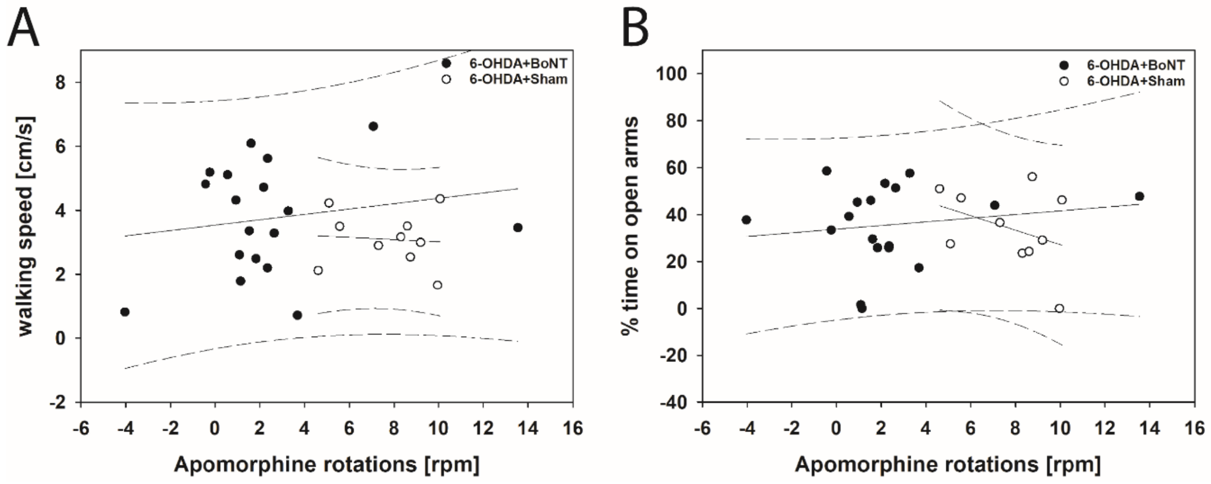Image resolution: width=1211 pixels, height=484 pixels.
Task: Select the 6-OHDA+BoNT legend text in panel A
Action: [518, 63]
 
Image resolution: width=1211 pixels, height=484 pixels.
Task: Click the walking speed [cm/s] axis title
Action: [27, 226]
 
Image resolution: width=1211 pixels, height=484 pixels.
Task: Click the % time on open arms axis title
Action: [630, 226]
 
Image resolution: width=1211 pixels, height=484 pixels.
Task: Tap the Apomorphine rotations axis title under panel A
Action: [327, 464]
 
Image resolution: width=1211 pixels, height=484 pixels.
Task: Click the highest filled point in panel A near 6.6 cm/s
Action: [373, 126]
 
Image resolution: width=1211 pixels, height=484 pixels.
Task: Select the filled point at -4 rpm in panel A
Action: [125, 312]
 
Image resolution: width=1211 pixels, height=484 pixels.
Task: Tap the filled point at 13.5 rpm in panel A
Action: [518, 228]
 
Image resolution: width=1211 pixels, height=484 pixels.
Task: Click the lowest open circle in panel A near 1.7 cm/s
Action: [438, 285]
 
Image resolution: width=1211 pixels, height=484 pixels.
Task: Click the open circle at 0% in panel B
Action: [1059, 308]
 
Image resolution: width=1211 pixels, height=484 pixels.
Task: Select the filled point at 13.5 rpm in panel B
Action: [1139, 196]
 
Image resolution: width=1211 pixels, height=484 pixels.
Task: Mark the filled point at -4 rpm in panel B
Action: [746, 220]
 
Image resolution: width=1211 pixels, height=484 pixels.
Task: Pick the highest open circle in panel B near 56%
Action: [1032, 177]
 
